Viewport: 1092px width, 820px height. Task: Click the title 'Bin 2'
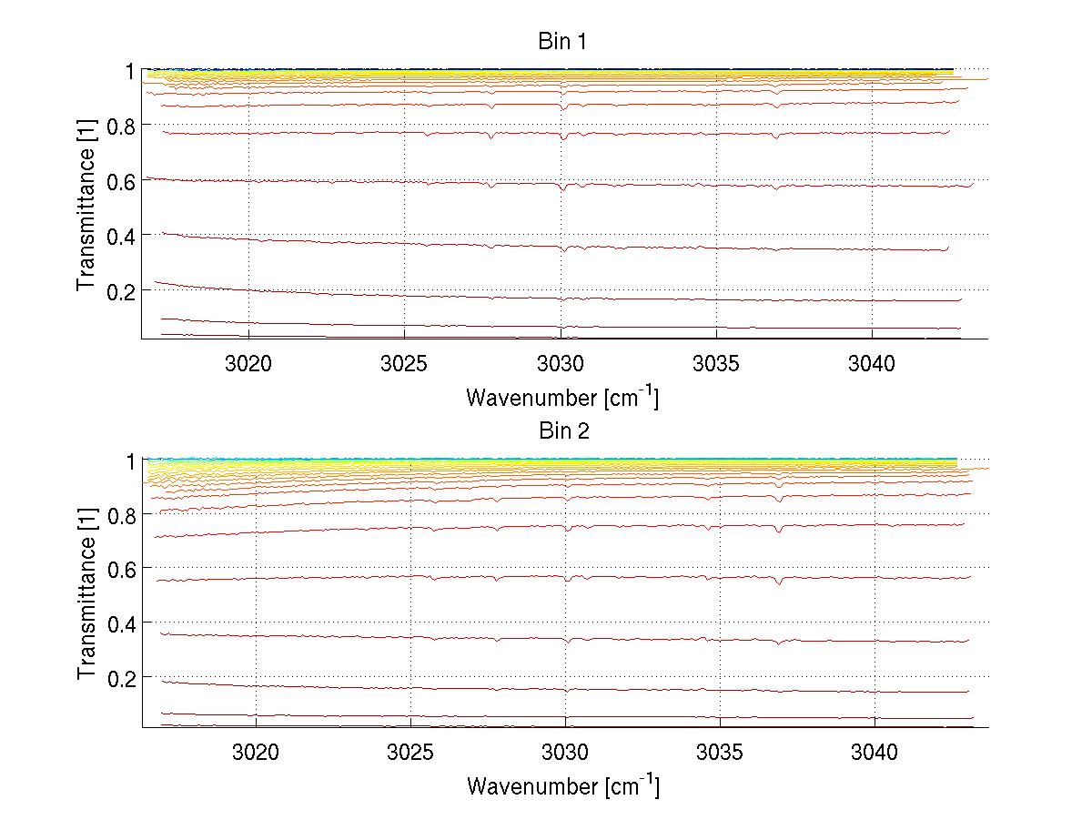tap(562, 430)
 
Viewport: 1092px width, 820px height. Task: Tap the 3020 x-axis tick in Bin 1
tap(249, 364)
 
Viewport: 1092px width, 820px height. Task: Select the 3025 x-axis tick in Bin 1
tap(405, 364)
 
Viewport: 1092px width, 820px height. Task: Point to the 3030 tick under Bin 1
tap(561, 364)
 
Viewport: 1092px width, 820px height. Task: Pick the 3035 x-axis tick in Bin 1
tap(717, 364)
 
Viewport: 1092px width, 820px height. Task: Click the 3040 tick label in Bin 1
tap(873, 364)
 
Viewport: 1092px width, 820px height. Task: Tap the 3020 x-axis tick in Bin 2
tap(256, 754)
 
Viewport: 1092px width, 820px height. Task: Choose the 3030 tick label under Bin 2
tap(565, 754)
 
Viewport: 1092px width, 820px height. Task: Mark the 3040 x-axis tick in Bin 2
tap(875, 754)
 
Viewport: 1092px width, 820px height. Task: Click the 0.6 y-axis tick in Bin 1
tap(123, 181)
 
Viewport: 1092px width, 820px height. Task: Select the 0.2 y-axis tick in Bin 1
tap(123, 290)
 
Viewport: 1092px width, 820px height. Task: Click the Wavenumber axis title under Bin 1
tap(562, 397)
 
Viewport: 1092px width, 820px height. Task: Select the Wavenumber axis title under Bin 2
tap(562, 785)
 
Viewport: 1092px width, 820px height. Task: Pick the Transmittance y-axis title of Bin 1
tap(86, 204)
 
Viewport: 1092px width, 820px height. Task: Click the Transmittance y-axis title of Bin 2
tap(86, 593)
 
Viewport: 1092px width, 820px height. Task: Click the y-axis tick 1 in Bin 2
tap(131, 461)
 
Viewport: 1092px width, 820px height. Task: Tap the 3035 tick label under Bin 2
tap(720, 754)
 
